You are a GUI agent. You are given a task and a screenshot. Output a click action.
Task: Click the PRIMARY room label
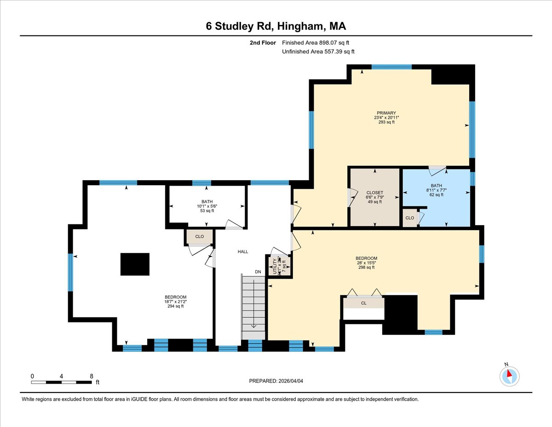(x=386, y=113)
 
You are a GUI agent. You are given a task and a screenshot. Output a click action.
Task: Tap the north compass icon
(x=509, y=376)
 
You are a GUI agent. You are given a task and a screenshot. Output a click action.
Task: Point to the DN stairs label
(x=258, y=272)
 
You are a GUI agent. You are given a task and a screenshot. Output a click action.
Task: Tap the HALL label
(x=243, y=252)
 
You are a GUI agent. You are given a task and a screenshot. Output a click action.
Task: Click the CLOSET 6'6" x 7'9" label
(x=374, y=197)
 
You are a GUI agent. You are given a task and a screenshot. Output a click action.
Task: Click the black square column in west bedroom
(x=135, y=264)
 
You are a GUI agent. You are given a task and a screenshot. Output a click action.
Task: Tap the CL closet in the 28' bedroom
(x=364, y=303)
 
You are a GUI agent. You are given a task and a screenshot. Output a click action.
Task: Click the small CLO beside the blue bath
(x=409, y=218)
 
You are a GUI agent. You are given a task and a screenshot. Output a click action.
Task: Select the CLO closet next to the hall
(x=199, y=236)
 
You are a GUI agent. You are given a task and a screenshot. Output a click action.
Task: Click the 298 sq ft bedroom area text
(x=366, y=267)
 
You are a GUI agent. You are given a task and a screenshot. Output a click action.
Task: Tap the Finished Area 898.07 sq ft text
(x=318, y=42)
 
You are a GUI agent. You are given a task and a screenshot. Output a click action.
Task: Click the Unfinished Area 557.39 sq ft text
(x=318, y=52)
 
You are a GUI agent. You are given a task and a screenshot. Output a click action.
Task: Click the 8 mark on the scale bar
(x=91, y=376)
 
